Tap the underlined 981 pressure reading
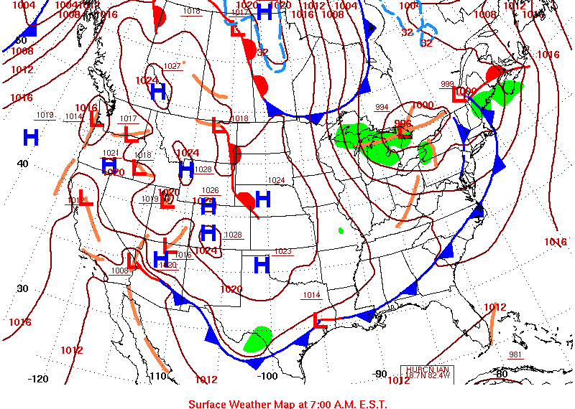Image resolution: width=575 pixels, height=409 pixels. pyautogui.click(x=515, y=354)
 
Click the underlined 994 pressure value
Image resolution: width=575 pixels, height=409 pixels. pyautogui.click(x=382, y=108)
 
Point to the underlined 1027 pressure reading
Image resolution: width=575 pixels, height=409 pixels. pyautogui.click(x=172, y=66)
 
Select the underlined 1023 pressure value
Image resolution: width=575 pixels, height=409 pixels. pyautogui.click(x=283, y=251)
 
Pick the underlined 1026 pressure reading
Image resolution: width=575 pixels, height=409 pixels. pyautogui.click(x=210, y=190)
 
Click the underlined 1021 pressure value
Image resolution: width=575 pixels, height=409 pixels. pyautogui.click(x=110, y=153)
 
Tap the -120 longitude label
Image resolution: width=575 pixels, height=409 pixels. pyautogui.click(x=37, y=379)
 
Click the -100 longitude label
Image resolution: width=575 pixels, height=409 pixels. pyautogui.click(x=267, y=375)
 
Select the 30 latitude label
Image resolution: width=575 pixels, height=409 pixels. pyautogui.click(x=22, y=288)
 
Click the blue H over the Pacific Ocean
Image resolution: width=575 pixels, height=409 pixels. pyautogui.click(x=30, y=137)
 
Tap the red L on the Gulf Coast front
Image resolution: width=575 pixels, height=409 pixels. pyautogui.click(x=321, y=321)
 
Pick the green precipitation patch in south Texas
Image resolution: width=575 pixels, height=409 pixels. pyautogui.click(x=257, y=339)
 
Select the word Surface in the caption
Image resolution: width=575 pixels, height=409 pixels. pyautogui.click(x=208, y=403)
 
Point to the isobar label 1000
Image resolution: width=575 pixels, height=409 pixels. pyautogui.click(x=423, y=105)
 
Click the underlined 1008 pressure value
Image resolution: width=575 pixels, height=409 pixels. pyautogui.click(x=119, y=271)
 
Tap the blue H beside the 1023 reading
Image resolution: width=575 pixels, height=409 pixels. pyautogui.click(x=262, y=264)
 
